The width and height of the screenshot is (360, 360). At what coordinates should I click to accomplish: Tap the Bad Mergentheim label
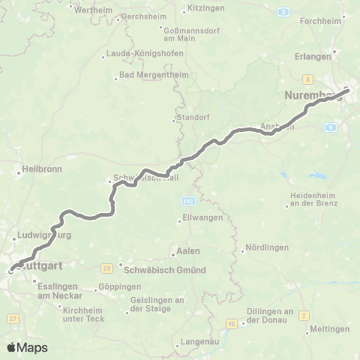(x=146, y=75)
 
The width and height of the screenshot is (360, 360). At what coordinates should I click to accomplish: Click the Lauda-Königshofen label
(x=136, y=55)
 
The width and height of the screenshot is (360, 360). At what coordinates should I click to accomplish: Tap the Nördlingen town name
(x=266, y=248)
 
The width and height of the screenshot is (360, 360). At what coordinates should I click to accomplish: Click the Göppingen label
(x=118, y=286)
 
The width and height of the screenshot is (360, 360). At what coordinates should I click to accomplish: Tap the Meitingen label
(x=329, y=328)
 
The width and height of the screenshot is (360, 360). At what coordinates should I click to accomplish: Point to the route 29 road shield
(x=107, y=268)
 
